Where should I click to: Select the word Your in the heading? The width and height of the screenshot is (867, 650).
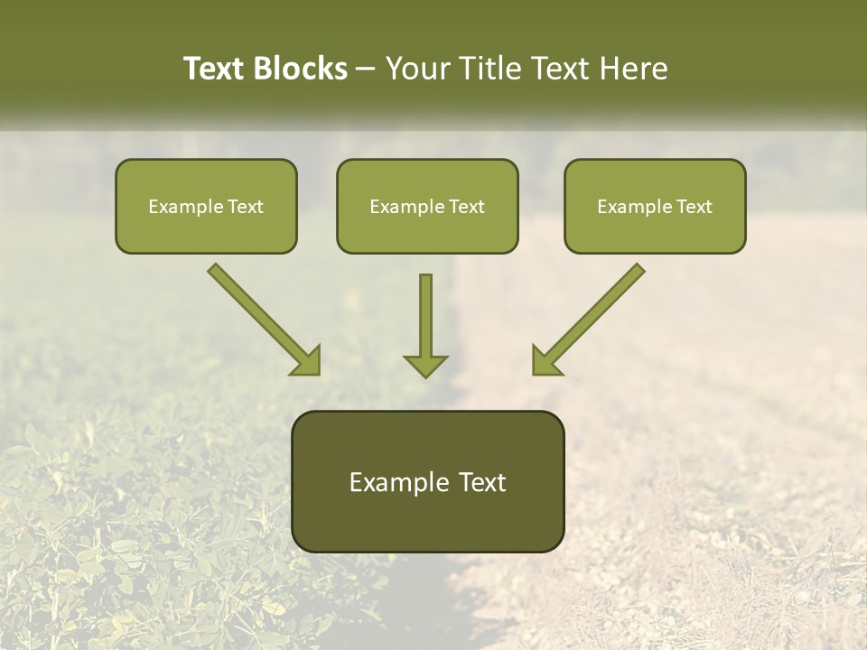point(418,69)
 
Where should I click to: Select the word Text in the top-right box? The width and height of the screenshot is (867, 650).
point(694,207)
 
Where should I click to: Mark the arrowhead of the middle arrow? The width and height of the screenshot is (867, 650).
point(425,364)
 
